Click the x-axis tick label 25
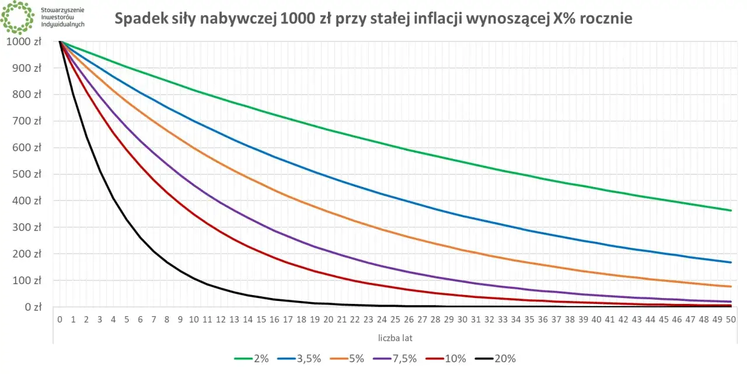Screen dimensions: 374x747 [395, 320]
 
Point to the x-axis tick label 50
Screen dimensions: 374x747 [731, 320]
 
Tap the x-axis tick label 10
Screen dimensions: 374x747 [194, 320]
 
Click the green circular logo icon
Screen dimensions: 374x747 [18, 18]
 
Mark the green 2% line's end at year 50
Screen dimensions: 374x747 [731, 210]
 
